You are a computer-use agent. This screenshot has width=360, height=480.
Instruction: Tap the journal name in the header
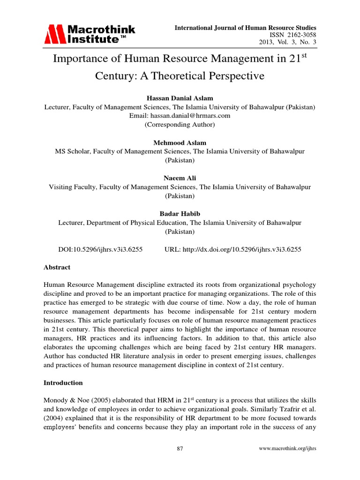tap(245, 28)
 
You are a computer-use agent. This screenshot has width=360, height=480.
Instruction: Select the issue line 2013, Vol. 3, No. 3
tap(288, 43)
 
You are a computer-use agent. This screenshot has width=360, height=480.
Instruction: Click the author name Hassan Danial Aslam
tap(180, 98)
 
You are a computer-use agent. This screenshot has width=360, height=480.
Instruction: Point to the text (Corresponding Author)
tap(180, 124)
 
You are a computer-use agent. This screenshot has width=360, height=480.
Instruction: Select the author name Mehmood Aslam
tap(180, 142)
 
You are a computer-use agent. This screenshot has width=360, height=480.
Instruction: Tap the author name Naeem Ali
tap(180, 178)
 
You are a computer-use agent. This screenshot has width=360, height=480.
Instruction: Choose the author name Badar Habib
tap(180, 214)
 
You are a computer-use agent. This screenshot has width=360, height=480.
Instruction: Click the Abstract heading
tap(57, 267)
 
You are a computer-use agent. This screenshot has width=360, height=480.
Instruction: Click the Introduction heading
tap(63, 382)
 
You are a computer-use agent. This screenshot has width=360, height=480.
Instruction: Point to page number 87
tap(180, 449)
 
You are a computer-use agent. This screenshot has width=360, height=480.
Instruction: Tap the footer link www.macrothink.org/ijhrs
tap(288, 449)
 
